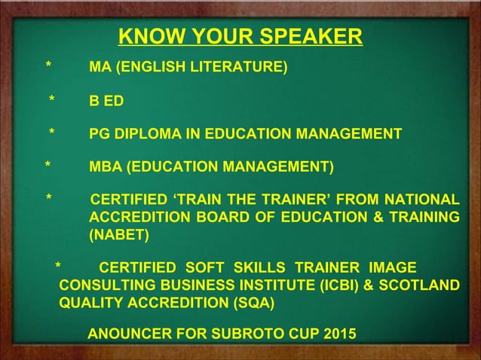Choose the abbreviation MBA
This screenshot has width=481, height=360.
[x=106, y=166]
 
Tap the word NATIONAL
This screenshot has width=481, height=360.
[x=420, y=200]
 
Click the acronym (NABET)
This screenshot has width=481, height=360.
[x=119, y=236]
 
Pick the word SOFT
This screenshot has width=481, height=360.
[x=204, y=270]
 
